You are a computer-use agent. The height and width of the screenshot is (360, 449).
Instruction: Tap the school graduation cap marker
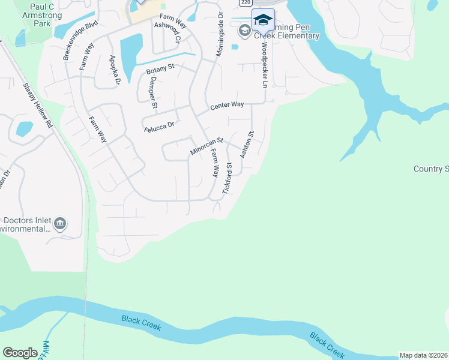pyautogui.click(x=262, y=20)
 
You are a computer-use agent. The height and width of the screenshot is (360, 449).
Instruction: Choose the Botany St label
pyautogui.click(x=160, y=71)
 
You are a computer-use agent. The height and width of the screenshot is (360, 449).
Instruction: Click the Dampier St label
pyautogui.click(x=154, y=92)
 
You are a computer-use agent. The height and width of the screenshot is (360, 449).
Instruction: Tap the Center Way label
pyautogui.click(x=227, y=105)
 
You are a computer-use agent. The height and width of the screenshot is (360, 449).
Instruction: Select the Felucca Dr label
pyautogui.click(x=159, y=125)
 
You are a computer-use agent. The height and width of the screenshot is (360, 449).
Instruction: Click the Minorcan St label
pyautogui.click(x=206, y=146)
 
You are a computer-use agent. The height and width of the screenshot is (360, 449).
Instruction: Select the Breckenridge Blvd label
pyautogui.click(x=79, y=41)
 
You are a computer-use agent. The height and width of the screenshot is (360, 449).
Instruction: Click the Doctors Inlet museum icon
pyautogui.click(x=59, y=224)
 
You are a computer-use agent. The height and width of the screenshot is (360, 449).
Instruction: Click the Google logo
pyautogui.click(x=20, y=353)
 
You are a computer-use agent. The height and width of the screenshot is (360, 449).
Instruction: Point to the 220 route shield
pyautogui.click(x=245, y=2)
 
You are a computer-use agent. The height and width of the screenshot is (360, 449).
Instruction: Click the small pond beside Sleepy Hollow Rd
pyautogui.click(x=25, y=128)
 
